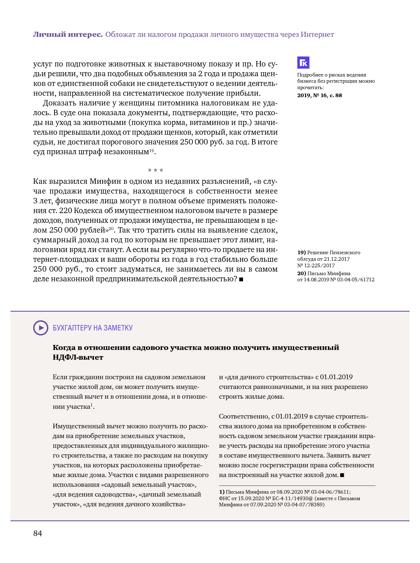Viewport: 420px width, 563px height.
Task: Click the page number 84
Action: click(x=38, y=533)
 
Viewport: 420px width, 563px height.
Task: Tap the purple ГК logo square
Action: click(x=303, y=63)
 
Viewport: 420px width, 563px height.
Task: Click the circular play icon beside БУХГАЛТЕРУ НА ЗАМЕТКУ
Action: click(x=40, y=328)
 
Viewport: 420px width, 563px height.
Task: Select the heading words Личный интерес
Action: click(x=68, y=34)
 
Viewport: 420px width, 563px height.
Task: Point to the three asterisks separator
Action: click(x=155, y=170)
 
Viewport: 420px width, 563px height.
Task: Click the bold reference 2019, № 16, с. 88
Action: click(x=320, y=95)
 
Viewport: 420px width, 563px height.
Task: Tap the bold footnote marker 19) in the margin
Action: click(x=302, y=252)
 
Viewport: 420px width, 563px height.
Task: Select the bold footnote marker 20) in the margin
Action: click(x=302, y=273)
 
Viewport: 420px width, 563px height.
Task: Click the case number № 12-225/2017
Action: click(x=316, y=265)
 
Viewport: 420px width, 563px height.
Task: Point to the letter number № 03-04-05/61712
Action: click(x=352, y=280)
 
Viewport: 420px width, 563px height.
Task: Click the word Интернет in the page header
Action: click(x=317, y=34)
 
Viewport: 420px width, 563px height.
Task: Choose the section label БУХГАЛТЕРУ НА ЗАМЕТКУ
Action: click(x=93, y=328)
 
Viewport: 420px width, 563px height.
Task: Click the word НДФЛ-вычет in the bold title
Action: click(x=78, y=357)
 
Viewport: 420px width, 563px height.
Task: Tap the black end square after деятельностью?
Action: click(x=241, y=279)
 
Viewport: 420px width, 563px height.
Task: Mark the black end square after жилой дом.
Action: click(x=342, y=475)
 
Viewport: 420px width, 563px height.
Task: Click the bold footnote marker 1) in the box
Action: click(x=222, y=492)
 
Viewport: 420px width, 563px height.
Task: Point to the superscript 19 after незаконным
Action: click(x=152, y=150)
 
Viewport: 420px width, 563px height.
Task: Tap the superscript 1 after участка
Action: click(x=92, y=405)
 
